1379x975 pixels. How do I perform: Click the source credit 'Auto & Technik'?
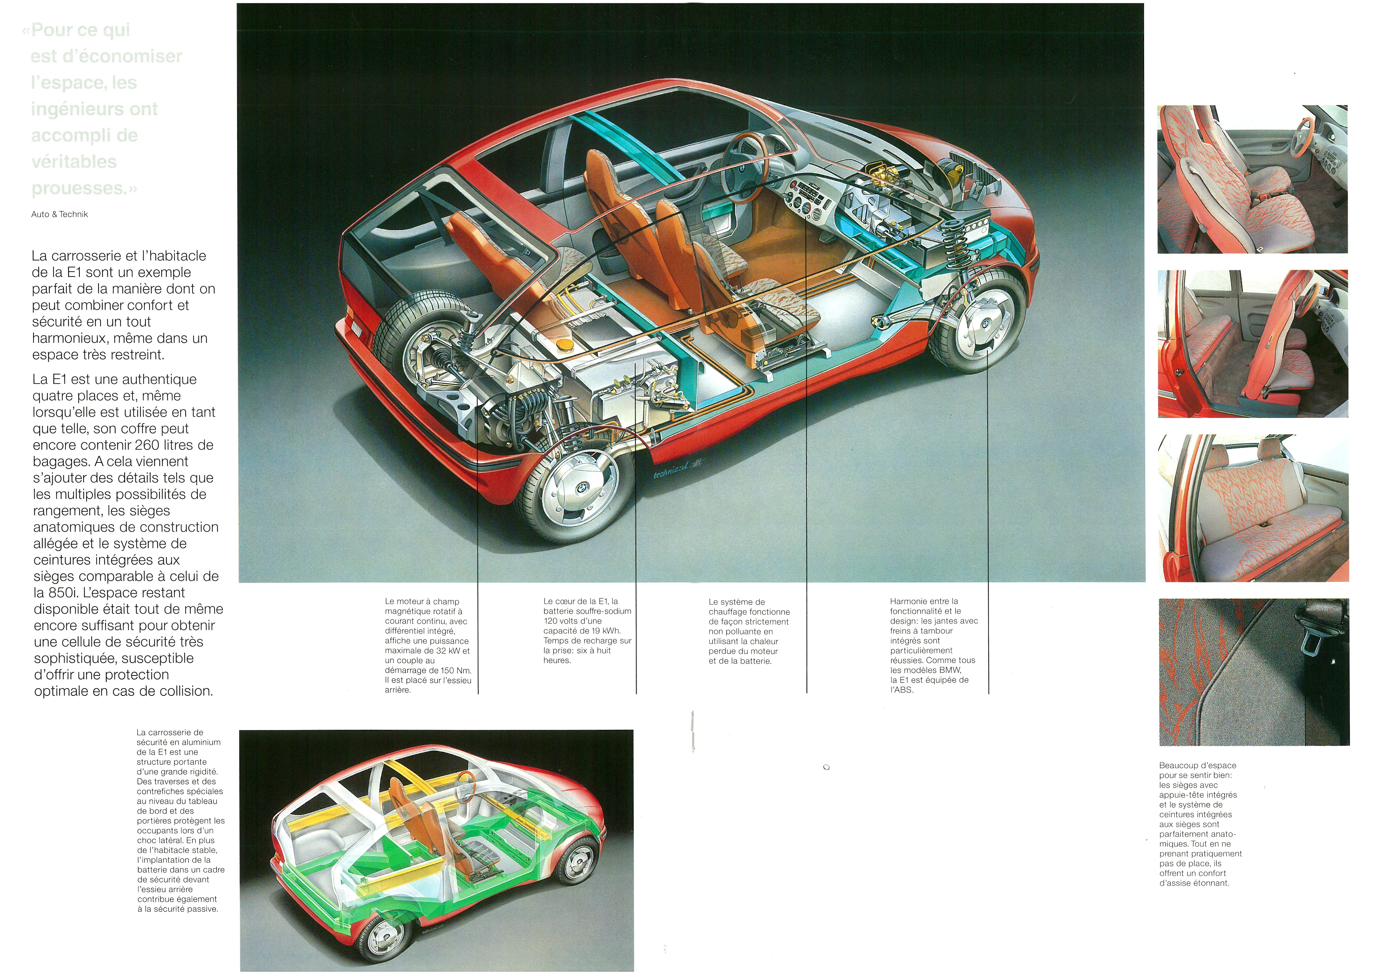(x=59, y=214)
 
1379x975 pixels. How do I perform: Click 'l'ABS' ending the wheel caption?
(x=902, y=690)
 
